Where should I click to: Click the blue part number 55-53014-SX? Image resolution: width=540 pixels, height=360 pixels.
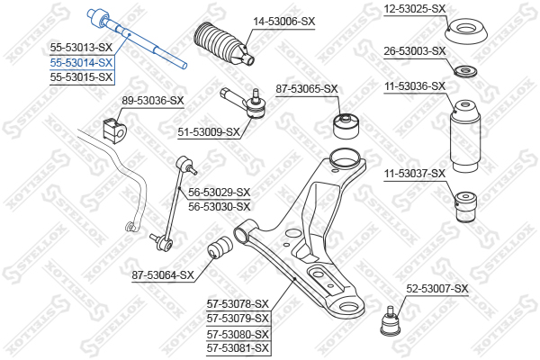81,63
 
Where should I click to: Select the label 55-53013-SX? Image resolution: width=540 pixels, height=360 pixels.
81,48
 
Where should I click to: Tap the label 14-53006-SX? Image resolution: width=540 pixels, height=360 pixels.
284,22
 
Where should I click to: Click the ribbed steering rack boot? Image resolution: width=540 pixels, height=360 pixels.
224,44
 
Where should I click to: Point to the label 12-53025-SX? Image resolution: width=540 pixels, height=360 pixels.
415,9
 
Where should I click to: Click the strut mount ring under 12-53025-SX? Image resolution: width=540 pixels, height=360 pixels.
466,32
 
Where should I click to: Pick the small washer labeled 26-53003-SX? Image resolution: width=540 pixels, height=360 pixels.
465,72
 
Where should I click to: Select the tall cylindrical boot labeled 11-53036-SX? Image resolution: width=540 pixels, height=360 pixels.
465,136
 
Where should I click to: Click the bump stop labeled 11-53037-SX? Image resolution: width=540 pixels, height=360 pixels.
465,206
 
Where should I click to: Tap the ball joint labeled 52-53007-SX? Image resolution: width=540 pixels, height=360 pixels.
391,321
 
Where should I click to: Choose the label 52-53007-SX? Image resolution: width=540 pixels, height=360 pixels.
437,289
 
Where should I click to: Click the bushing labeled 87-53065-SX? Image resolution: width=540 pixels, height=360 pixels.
346,126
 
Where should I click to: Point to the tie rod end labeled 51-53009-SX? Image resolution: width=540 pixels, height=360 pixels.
245,103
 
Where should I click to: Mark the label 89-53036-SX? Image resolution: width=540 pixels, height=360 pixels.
153,101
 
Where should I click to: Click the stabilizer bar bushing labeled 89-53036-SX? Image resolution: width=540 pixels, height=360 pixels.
115,130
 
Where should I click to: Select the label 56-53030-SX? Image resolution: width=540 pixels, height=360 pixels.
219,207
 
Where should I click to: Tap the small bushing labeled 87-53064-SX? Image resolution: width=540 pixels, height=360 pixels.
220,247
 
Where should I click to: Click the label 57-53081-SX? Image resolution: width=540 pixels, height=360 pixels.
238,348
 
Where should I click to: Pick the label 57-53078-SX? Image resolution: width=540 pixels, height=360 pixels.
238,304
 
